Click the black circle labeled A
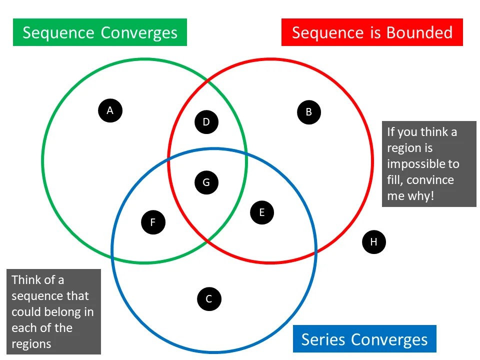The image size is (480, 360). click(x=110, y=110)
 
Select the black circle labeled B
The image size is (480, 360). click(x=308, y=112)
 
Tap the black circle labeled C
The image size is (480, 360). click(x=209, y=299)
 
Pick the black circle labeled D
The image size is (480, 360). click(x=206, y=122)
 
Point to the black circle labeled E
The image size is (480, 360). click(x=261, y=213)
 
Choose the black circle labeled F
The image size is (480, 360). click(x=153, y=222)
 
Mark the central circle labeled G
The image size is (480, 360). click(x=206, y=182)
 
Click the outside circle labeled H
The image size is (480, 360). click(x=373, y=242)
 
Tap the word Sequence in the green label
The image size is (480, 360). click(x=58, y=33)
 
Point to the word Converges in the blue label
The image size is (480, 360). click(x=389, y=339)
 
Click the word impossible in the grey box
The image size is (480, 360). click(x=423, y=164)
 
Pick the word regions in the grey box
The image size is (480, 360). click(x=31, y=344)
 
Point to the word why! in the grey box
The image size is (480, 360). click(x=420, y=196)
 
